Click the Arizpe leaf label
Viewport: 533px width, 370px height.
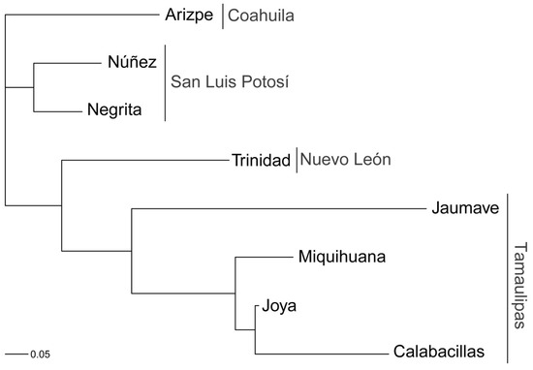(189, 15)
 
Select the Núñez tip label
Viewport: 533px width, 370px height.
(132, 62)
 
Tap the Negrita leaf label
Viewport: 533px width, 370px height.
(114, 110)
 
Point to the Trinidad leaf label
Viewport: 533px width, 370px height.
(261, 160)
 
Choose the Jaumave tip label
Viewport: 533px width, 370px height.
(465, 208)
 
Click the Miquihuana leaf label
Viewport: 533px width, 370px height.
(342, 257)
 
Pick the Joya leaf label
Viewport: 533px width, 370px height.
(279, 307)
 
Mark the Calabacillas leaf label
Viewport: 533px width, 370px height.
(439, 352)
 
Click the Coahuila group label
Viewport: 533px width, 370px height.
(261, 15)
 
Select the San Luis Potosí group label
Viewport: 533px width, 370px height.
(230, 82)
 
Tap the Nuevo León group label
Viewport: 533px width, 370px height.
(345, 160)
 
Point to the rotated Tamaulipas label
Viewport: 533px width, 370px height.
(520, 286)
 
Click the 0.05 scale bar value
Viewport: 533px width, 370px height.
(40, 355)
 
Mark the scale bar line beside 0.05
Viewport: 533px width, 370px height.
(16, 355)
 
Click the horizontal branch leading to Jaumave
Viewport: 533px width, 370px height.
(279, 208)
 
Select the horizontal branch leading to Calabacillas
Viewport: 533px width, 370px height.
(322, 354)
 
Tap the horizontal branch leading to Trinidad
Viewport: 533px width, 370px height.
(145, 160)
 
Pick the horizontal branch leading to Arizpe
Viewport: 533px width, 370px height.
(82, 15)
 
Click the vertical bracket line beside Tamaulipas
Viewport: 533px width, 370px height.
(508, 279)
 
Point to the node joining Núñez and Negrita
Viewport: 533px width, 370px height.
(34, 88)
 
